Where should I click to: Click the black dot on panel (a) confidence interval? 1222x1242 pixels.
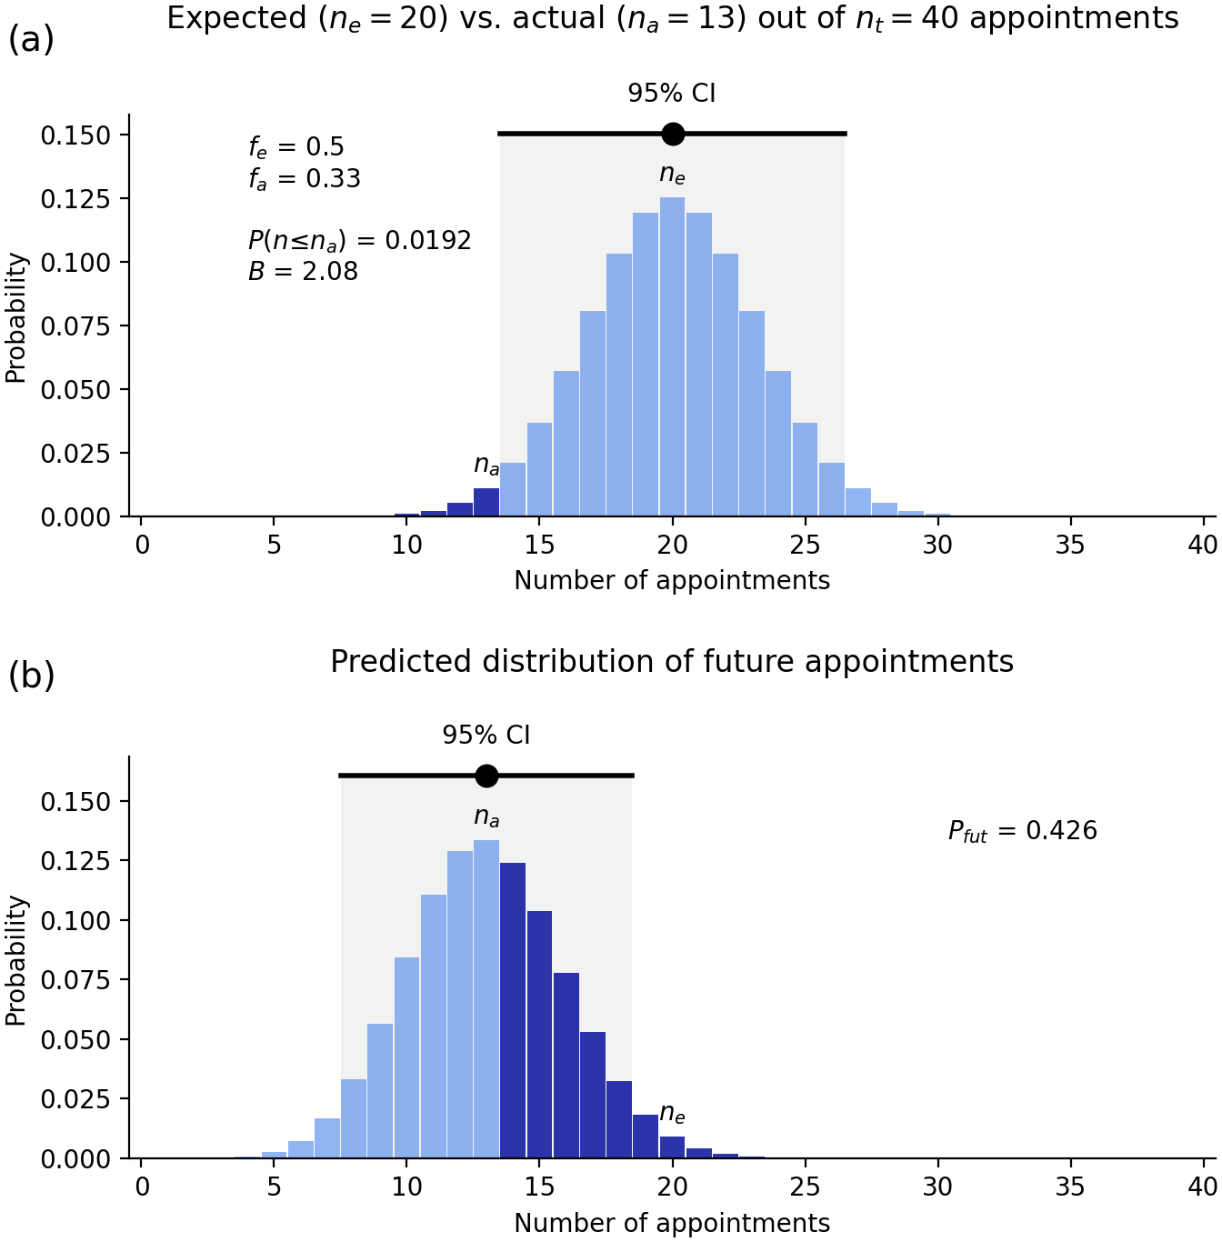673,134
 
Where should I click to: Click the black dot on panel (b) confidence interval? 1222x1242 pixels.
486,776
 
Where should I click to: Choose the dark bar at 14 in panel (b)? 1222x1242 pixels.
513,1009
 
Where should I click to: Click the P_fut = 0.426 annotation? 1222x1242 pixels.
1023,831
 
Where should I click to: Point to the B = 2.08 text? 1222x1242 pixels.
303,271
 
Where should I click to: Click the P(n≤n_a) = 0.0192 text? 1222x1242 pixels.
359,241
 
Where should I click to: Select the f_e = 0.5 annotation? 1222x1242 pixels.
295,147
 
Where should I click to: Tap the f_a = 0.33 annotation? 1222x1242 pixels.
304,179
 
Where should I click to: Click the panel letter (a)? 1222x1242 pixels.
31,39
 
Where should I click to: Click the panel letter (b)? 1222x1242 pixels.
31,676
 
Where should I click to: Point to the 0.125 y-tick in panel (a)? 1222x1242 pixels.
75,199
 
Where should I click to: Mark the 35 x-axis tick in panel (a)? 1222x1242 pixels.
1070,546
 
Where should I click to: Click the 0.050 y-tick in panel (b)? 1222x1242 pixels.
75,1039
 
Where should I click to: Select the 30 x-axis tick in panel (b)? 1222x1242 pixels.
937,1187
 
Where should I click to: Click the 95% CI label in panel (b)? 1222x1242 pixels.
486,735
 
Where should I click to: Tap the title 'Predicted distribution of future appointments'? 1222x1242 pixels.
672,661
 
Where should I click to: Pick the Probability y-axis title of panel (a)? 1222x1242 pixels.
15,318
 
